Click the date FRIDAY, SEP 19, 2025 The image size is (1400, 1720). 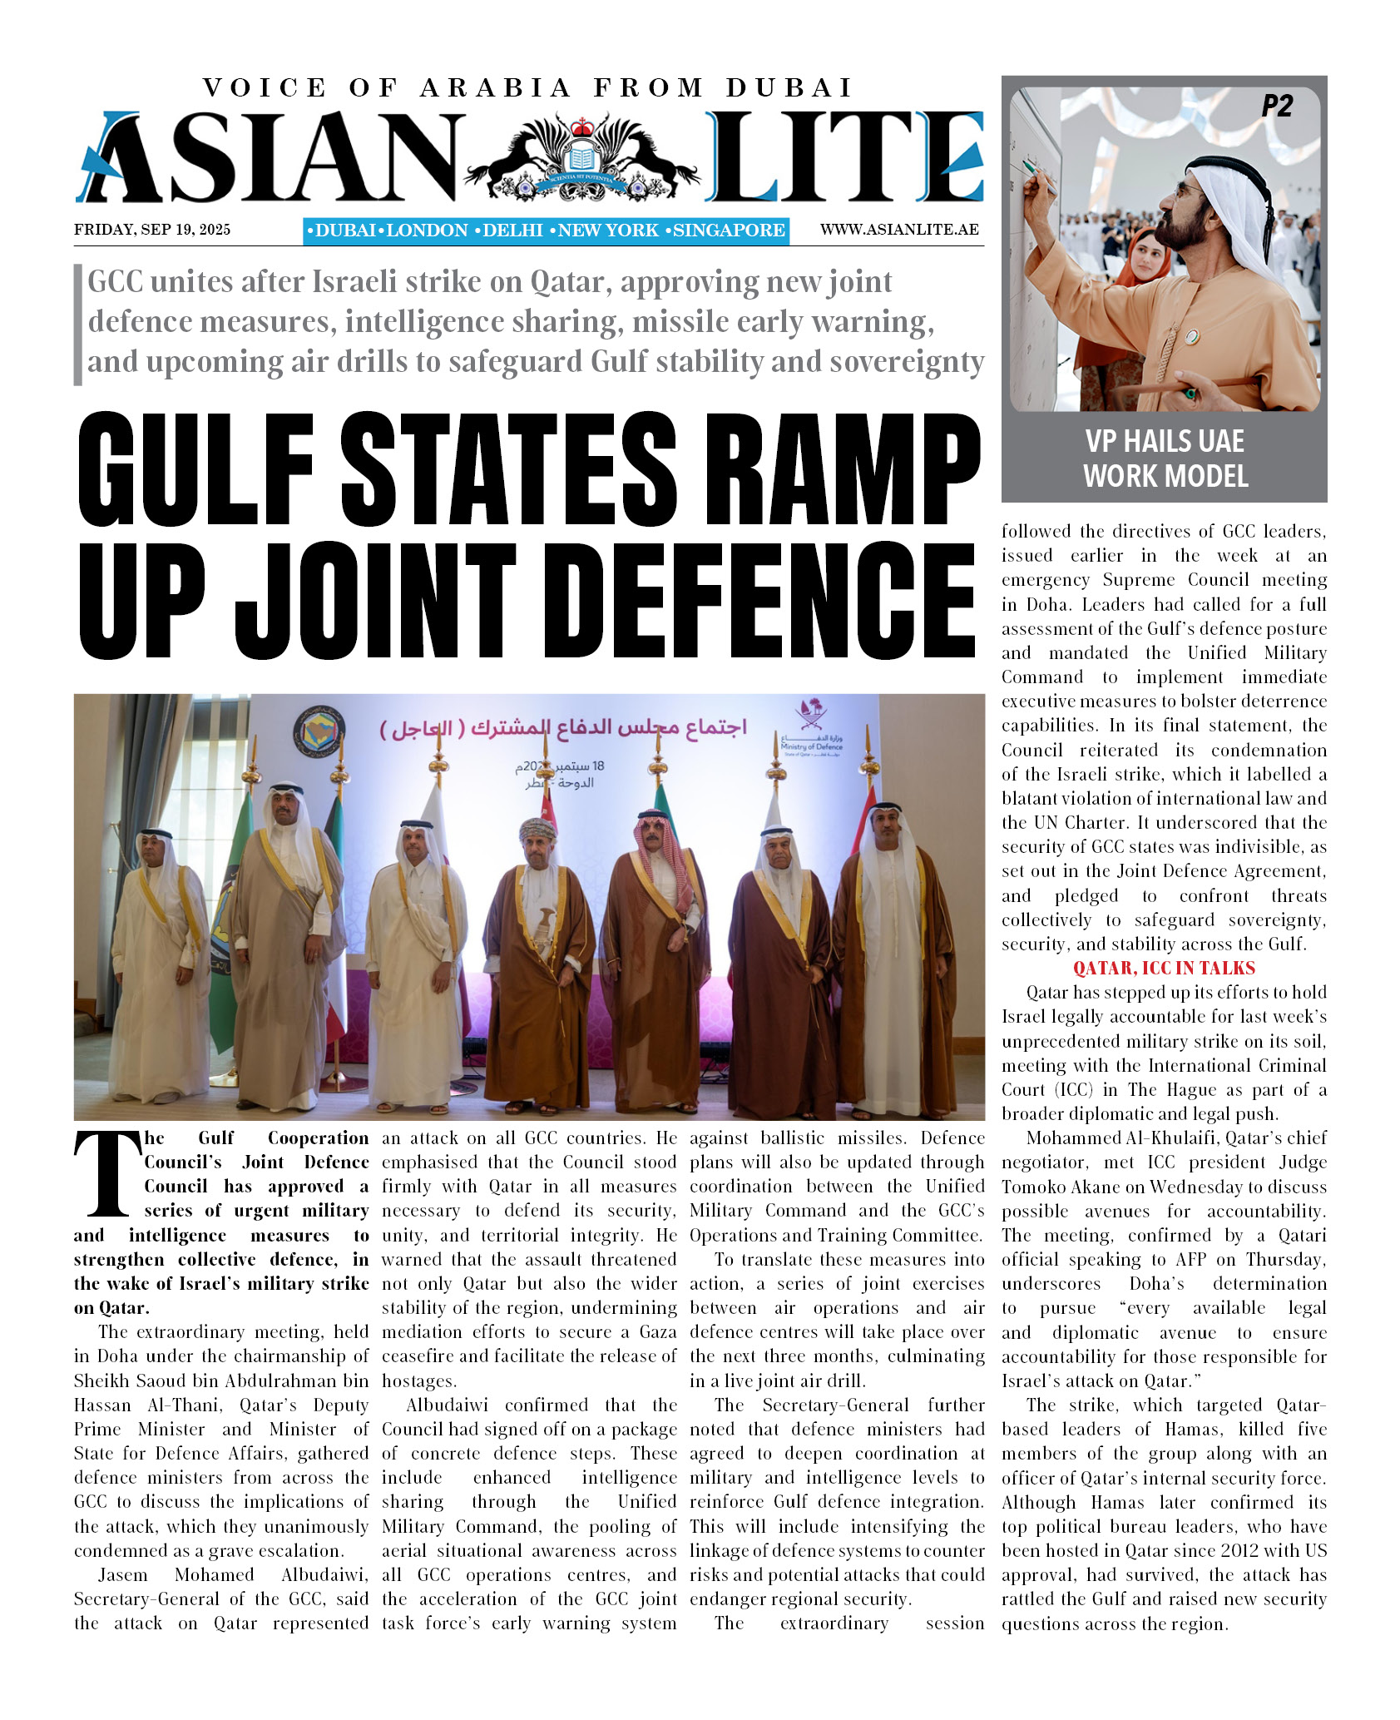click(152, 230)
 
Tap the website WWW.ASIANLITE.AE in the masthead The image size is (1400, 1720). click(898, 230)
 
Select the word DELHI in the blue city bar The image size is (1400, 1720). click(512, 230)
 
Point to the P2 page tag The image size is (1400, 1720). click(1277, 107)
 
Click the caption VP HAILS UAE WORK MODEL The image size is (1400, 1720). click(1165, 459)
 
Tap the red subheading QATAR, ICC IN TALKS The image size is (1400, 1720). click(1164, 968)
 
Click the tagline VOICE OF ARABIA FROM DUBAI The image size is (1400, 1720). click(528, 87)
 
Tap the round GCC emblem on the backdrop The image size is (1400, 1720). click(319, 731)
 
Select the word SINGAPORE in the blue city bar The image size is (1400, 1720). click(729, 230)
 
